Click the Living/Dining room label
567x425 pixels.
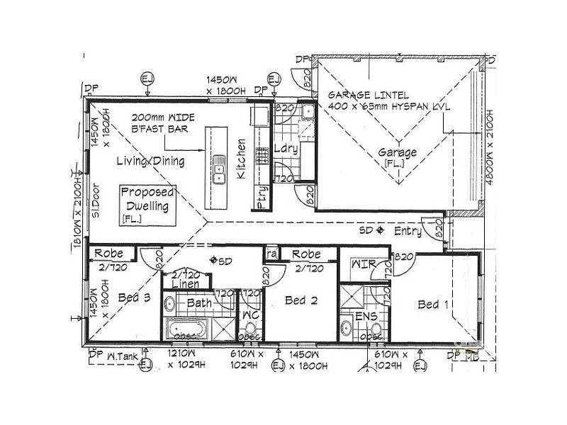(151, 161)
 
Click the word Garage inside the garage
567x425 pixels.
(397, 152)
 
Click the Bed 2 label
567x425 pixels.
(301, 300)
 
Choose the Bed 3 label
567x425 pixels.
(134, 297)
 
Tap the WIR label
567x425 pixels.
(364, 264)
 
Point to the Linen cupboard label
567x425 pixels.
(186, 283)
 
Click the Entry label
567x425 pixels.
(408, 231)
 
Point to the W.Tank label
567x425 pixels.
(121, 357)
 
